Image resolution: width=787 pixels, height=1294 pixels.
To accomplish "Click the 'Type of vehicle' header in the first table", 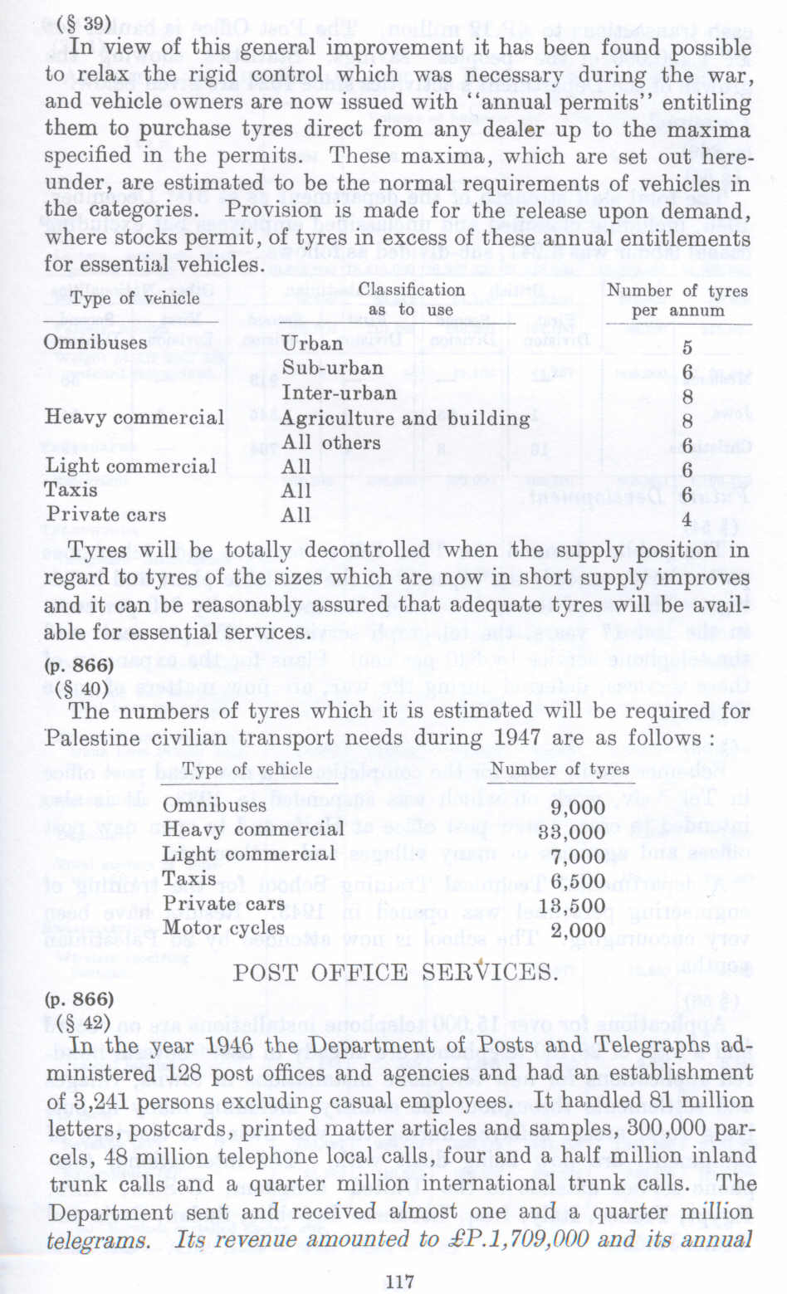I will [x=134, y=299].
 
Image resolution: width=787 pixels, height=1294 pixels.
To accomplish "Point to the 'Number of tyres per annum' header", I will [x=677, y=300].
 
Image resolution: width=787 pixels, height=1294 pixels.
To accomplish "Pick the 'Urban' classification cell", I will [x=312, y=343].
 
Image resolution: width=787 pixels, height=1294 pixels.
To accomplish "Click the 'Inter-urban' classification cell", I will [x=339, y=392].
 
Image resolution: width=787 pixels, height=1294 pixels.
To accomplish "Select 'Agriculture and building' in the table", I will [x=404, y=417].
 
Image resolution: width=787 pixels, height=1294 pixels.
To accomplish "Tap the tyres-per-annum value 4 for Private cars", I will [x=687, y=520].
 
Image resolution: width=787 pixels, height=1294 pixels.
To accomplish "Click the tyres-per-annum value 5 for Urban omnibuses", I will [x=687, y=349].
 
